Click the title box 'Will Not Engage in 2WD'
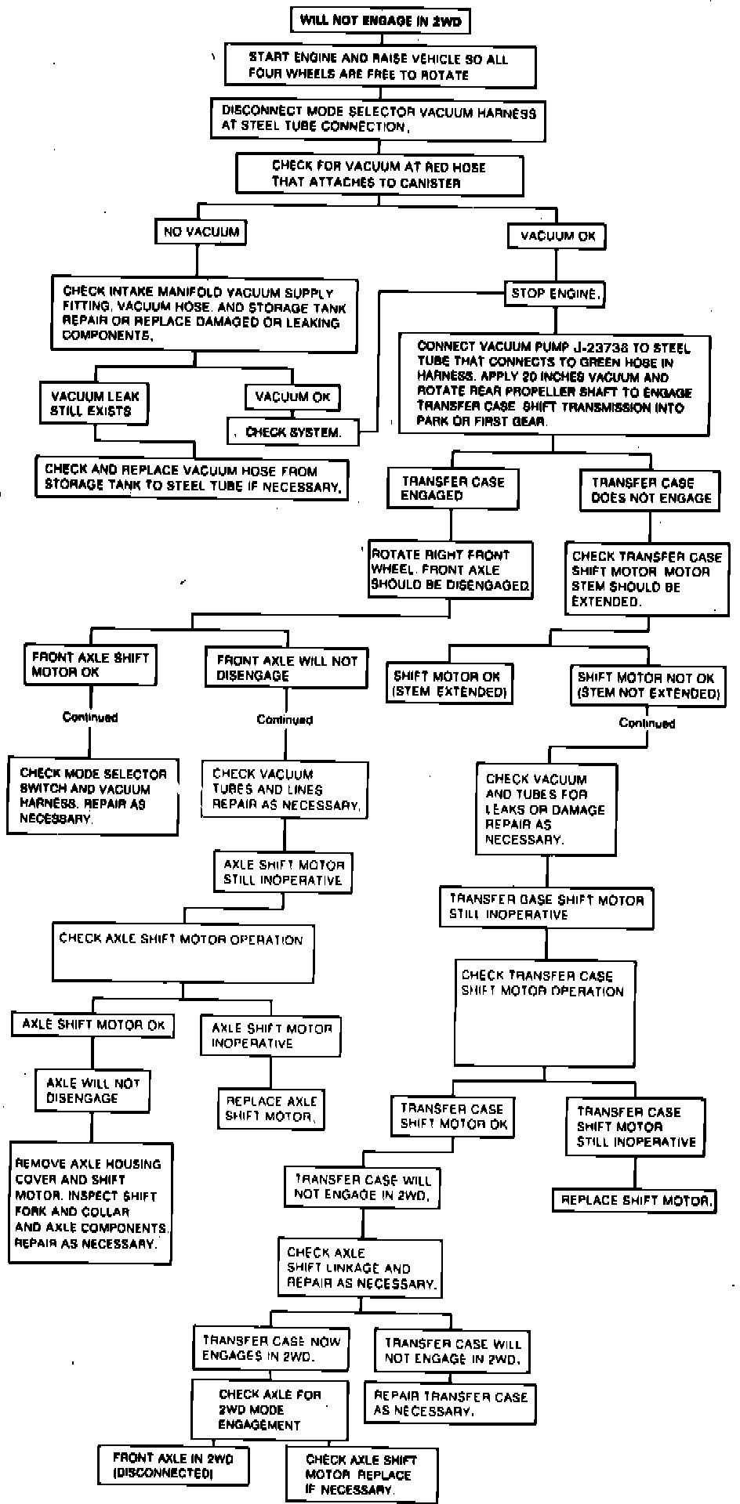[380, 21]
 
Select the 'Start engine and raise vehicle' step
[380, 66]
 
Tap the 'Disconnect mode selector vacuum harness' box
[379, 119]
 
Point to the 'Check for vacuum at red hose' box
[379, 174]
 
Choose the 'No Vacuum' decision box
[200, 232]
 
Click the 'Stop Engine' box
[556, 294]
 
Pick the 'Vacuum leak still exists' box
[95, 403]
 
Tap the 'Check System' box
[294, 432]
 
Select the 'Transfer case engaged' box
[452, 488]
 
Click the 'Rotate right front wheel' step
[451, 569]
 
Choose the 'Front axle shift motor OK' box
[90, 664]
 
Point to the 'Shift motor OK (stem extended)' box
[450, 684]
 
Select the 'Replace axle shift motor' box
[270, 1108]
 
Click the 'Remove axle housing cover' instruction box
[91, 1203]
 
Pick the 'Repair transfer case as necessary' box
[450, 1403]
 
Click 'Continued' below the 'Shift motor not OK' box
[647, 723]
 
